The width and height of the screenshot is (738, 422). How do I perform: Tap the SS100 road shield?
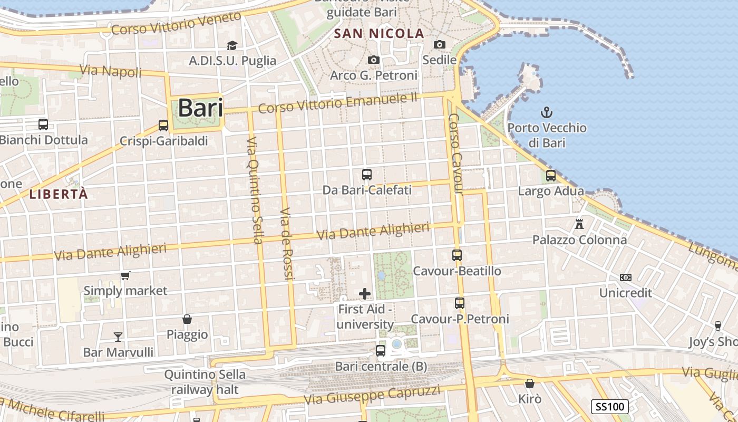pyautogui.click(x=609, y=407)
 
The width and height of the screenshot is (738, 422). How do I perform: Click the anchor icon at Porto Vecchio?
pyautogui.click(x=547, y=112)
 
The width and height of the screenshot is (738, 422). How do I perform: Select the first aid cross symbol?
pyautogui.click(x=365, y=294)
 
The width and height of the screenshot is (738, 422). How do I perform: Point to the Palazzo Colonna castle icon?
pyautogui.click(x=579, y=224)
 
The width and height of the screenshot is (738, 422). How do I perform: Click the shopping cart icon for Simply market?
pyautogui.click(x=125, y=275)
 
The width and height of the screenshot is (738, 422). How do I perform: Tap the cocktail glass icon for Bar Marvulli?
pyautogui.click(x=118, y=337)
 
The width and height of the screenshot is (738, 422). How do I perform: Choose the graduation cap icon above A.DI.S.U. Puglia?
pyautogui.click(x=232, y=45)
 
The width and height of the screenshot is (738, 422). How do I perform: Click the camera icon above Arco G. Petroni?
pyautogui.click(x=374, y=60)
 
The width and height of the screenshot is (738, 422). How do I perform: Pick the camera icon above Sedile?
pyautogui.click(x=440, y=45)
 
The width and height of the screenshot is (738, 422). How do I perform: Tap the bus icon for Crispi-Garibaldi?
pyautogui.click(x=163, y=126)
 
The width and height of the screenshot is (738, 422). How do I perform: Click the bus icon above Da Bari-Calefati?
pyautogui.click(x=367, y=174)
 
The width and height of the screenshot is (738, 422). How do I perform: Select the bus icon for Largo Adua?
pyautogui.click(x=551, y=176)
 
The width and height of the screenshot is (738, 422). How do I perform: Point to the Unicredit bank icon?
pyautogui.click(x=626, y=277)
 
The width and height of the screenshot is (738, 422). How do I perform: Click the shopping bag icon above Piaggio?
pyautogui.click(x=187, y=319)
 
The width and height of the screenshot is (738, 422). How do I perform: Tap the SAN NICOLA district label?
pyautogui.click(x=380, y=34)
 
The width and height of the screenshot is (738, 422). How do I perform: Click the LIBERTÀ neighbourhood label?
pyautogui.click(x=59, y=194)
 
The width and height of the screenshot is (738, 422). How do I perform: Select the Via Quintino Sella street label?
pyautogui.click(x=254, y=190)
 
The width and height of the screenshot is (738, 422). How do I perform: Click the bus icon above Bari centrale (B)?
pyautogui.click(x=381, y=350)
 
